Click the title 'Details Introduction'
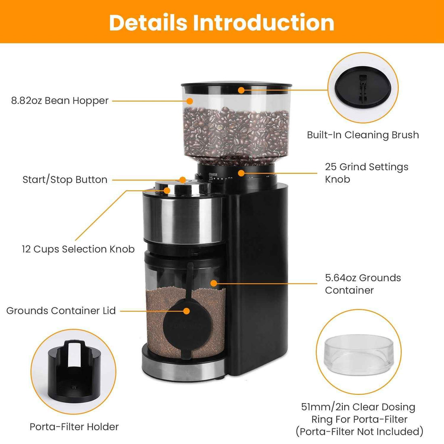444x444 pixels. coord(222,22)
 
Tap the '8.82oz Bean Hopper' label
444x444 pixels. coord(60,101)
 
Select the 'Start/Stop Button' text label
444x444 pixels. coord(65,180)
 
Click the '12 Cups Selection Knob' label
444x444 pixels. coord(78,249)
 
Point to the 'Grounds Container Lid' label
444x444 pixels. coord(61,311)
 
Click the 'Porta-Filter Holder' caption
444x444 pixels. coord(74,427)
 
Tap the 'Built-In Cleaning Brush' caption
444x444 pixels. coord(363,135)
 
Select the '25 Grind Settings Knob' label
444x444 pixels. coord(366,173)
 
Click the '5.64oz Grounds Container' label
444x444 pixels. coord(362,284)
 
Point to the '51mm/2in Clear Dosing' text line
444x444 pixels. coord(358,407)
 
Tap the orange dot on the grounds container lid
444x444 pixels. coord(186,311)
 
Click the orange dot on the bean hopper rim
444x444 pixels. coord(241,90)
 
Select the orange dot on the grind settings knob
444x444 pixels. coord(241,173)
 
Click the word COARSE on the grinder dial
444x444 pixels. coord(213,175)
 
